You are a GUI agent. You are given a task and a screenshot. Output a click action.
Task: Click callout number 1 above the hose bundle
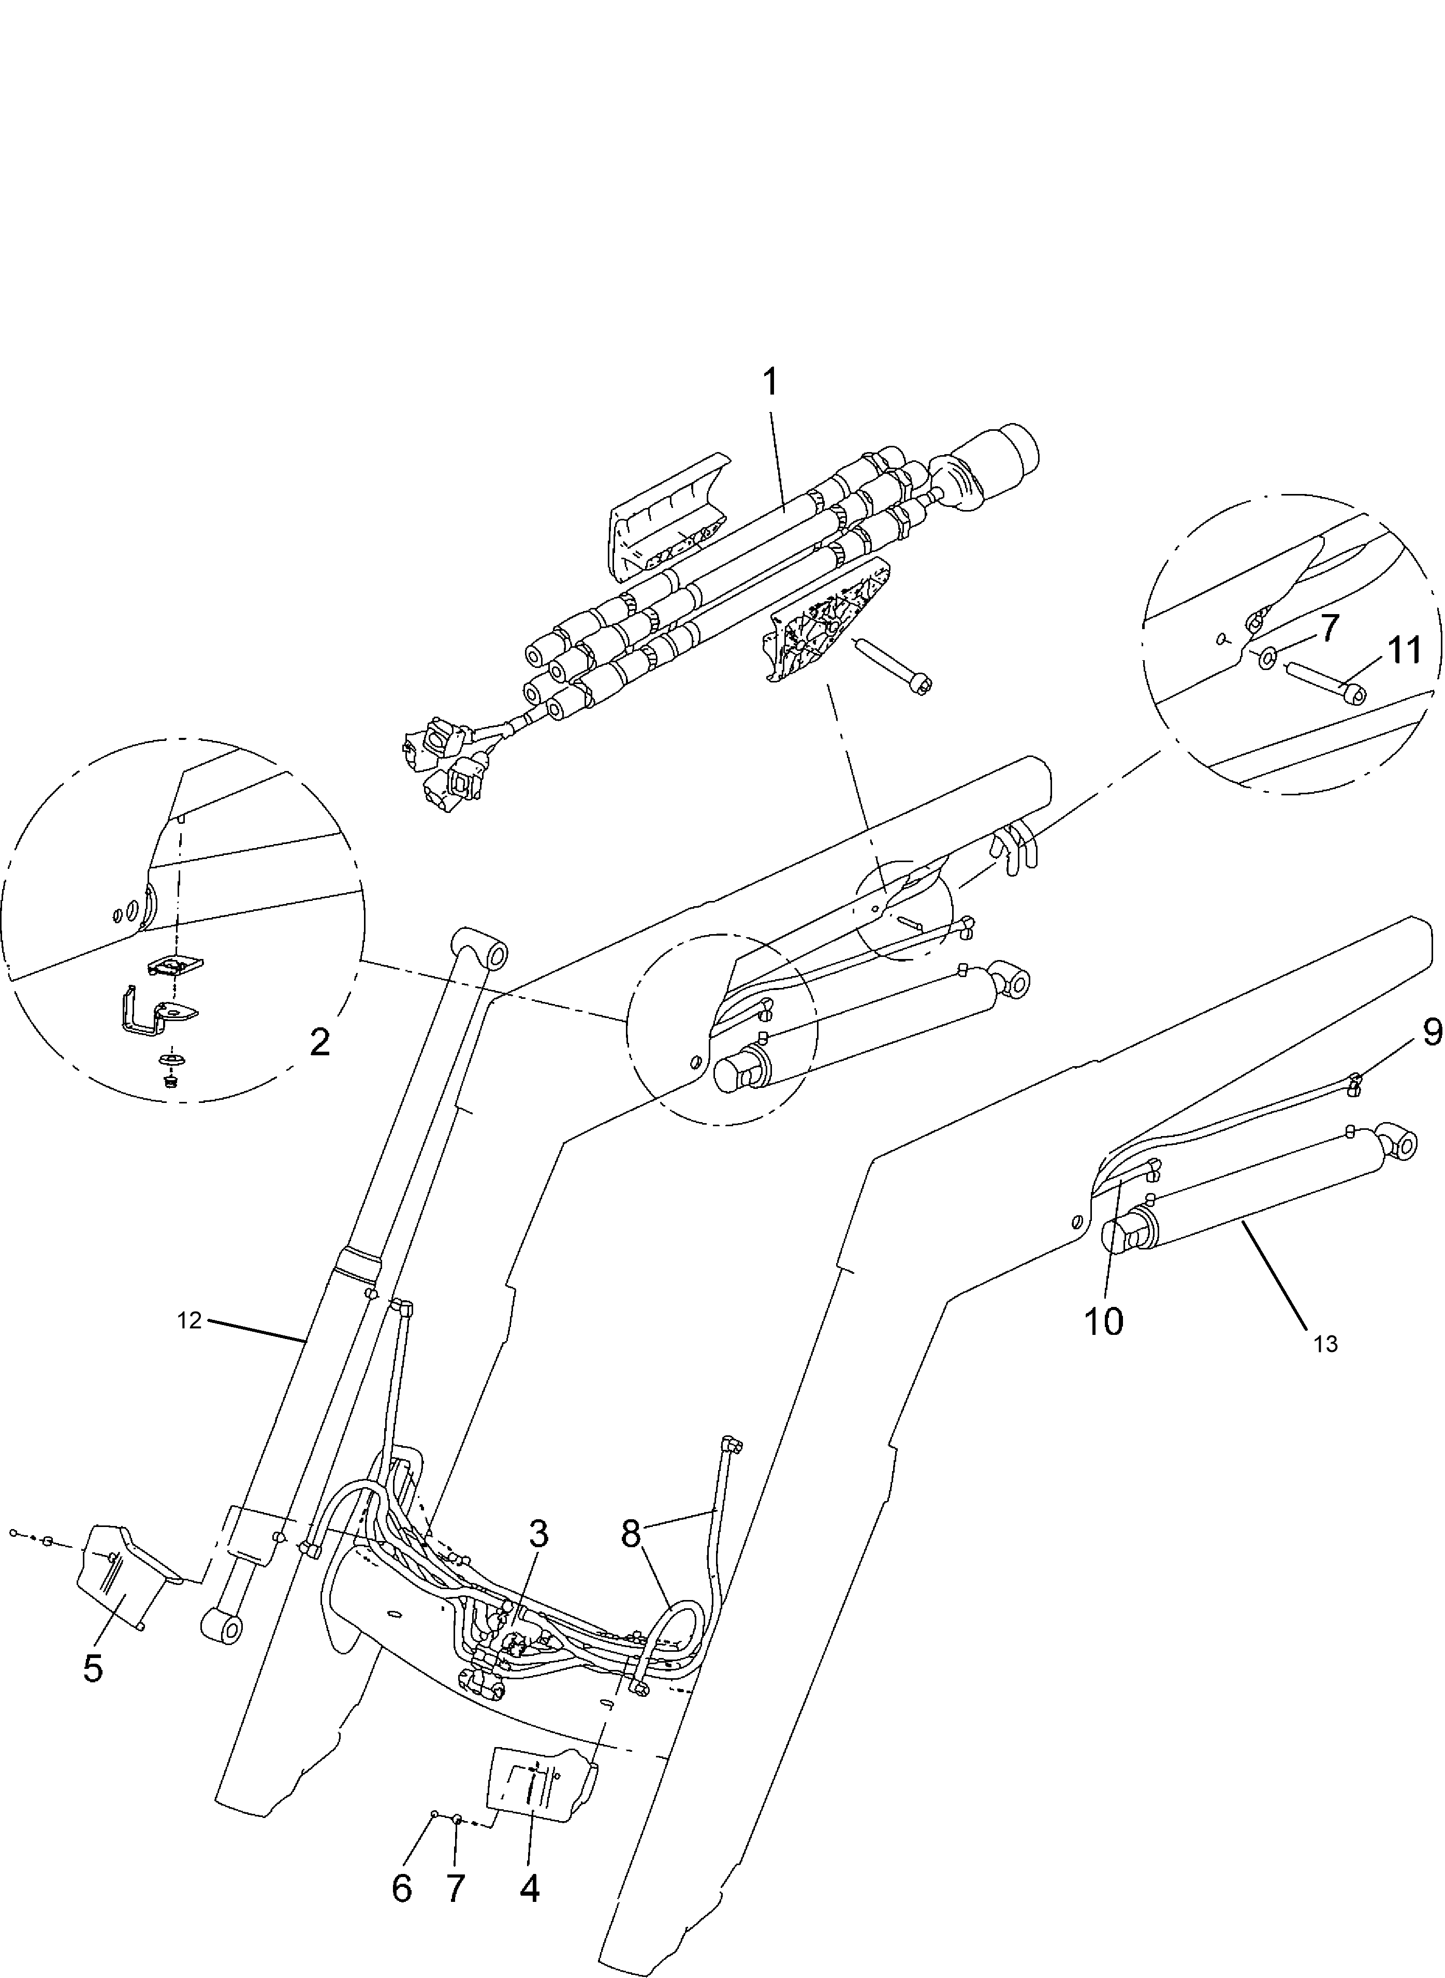pos(770,382)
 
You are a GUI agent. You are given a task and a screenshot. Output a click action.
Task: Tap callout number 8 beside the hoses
pos(632,1534)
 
